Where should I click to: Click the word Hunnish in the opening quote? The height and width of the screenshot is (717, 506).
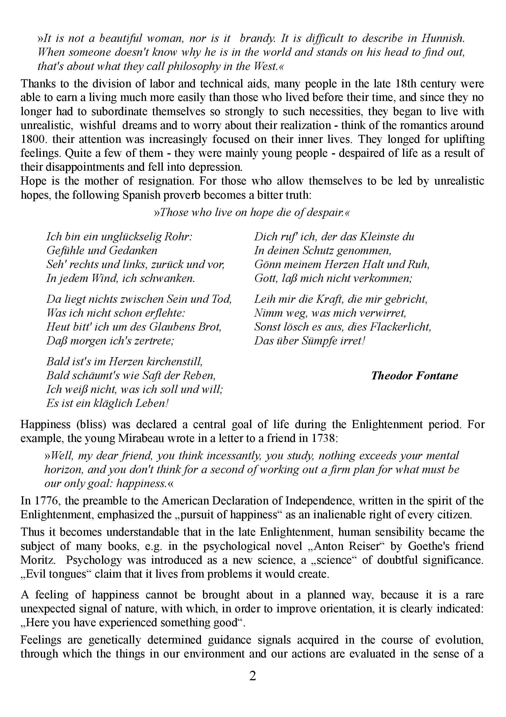click(443, 38)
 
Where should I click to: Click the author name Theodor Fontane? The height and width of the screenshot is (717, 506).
click(414, 375)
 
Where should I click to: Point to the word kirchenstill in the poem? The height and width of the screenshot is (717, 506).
click(174, 362)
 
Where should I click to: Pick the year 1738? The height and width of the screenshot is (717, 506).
click(324, 438)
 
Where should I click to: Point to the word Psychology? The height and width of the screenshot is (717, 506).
click(93, 560)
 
